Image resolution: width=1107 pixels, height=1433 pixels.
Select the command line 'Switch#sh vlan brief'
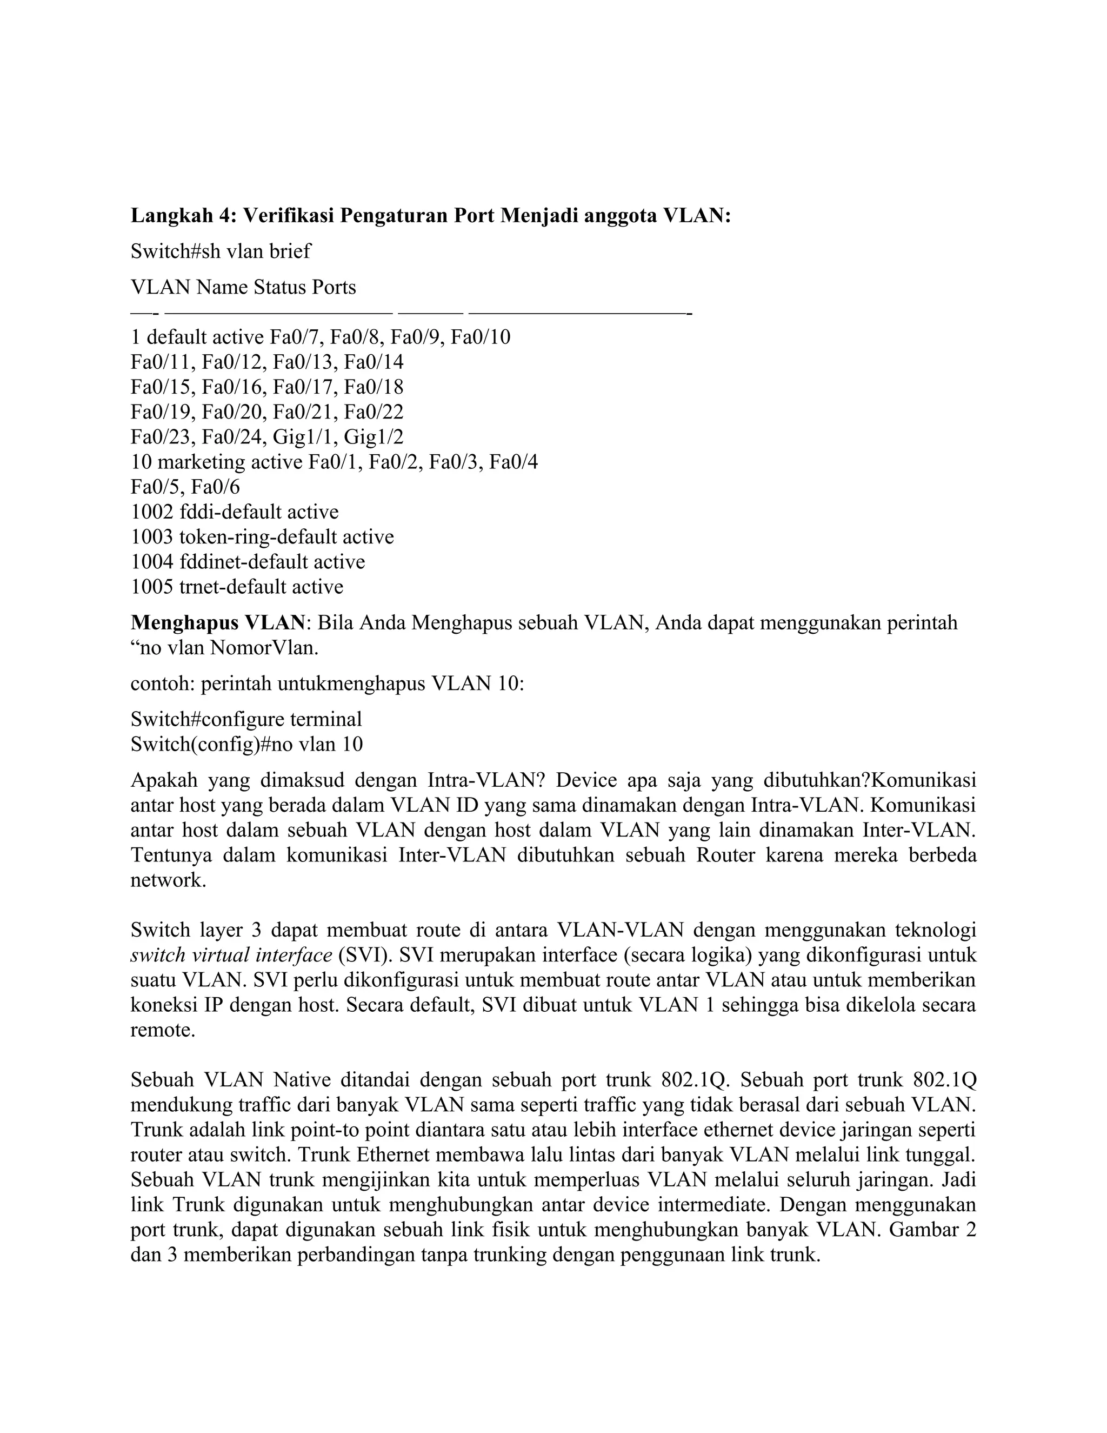tap(221, 251)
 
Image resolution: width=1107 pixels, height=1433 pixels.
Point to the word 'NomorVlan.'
tap(264, 648)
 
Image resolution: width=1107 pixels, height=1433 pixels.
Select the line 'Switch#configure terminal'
tap(246, 719)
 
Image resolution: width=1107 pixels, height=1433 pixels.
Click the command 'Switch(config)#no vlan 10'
tap(246, 744)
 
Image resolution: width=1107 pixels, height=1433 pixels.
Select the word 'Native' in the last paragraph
tap(305, 1080)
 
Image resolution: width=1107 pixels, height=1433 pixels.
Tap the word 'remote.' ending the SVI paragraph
tap(163, 1030)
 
